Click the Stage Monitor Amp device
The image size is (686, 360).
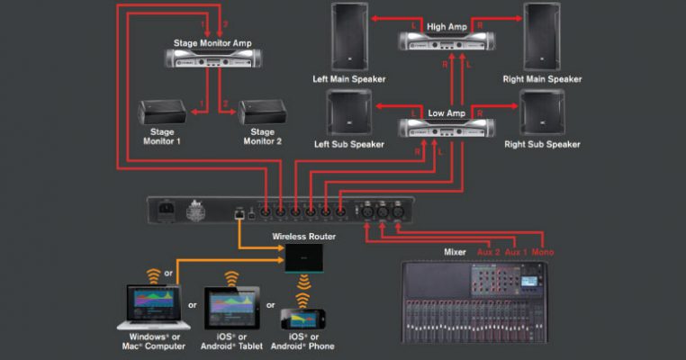[213, 58]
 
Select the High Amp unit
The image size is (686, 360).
[447, 41]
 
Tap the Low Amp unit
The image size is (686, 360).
[447, 128]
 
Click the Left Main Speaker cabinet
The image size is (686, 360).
[349, 37]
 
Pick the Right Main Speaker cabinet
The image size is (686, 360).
[542, 37]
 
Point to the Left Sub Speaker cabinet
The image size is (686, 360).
[349, 112]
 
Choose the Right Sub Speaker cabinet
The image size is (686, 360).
[542, 112]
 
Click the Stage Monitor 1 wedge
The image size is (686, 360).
[162, 112]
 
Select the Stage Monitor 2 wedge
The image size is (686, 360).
[262, 112]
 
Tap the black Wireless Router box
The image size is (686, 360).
[304, 258]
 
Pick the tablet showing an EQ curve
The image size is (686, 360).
[232, 308]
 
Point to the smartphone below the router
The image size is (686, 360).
[302, 319]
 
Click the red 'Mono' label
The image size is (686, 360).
[543, 252]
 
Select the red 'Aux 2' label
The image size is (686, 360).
[488, 252]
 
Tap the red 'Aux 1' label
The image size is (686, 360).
[516, 252]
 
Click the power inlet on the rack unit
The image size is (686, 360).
[166, 208]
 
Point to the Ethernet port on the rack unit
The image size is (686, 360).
[239, 214]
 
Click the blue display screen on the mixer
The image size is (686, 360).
[529, 282]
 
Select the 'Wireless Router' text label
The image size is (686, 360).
[304, 237]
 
